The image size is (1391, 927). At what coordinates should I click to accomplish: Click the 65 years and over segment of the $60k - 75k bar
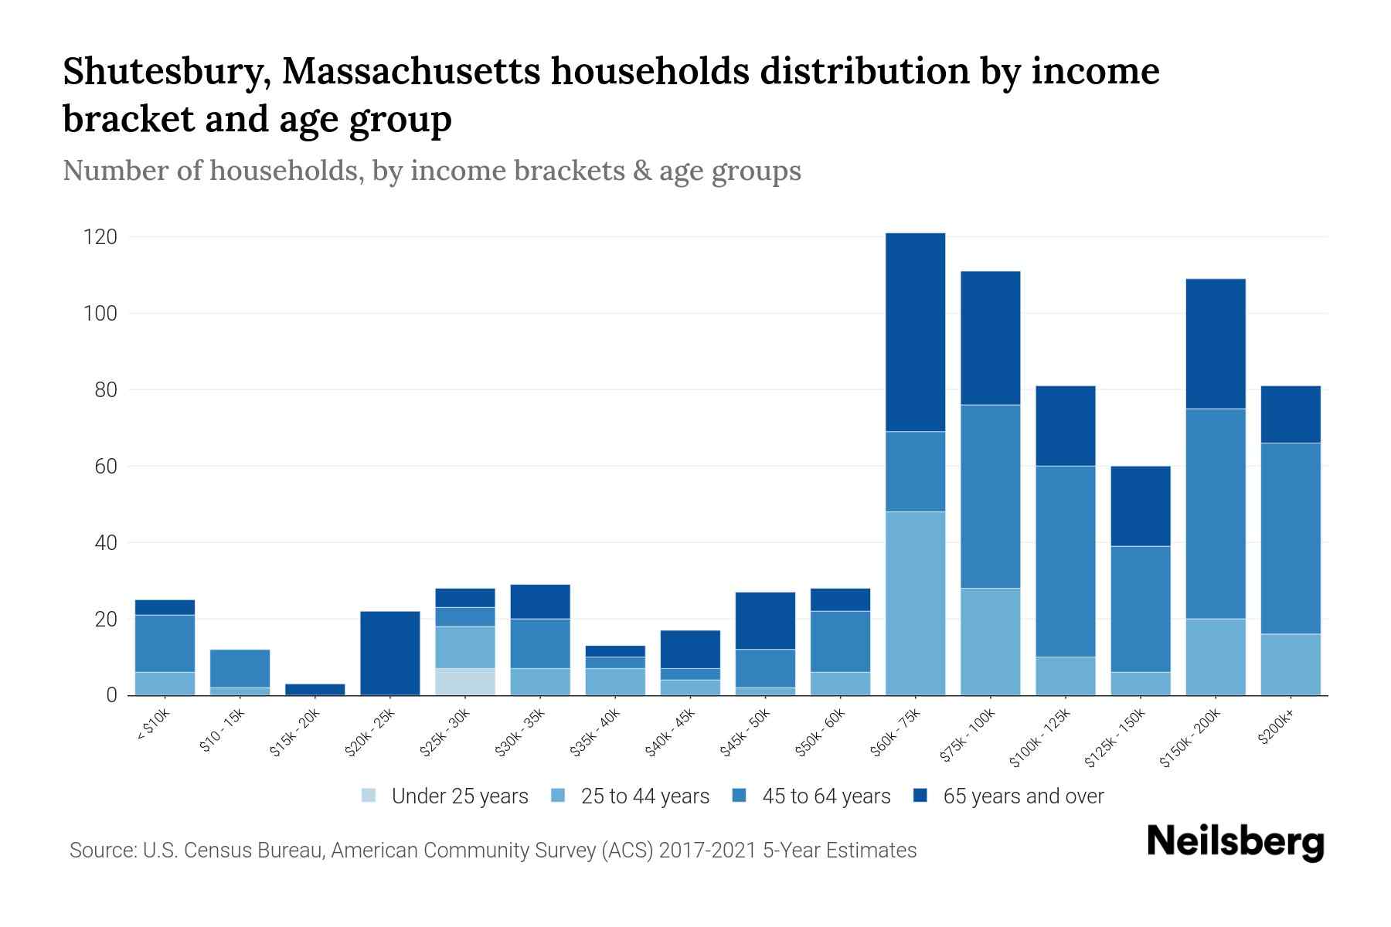click(915, 332)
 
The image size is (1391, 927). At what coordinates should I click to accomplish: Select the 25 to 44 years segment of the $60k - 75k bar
click(915, 603)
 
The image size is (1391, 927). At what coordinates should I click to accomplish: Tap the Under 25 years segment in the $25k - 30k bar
click(465, 682)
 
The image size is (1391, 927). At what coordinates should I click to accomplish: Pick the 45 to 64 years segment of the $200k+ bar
click(1291, 538)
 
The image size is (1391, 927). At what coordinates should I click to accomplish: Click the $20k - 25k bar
click(390, 654)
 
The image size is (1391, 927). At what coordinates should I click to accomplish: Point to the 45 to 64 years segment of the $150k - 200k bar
click(1216, 514)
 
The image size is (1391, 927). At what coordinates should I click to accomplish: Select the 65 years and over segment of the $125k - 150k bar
click(1141, 506)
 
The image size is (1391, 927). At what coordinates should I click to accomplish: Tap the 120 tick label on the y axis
click(100, 237)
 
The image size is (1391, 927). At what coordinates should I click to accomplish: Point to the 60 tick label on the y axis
click(106, 467)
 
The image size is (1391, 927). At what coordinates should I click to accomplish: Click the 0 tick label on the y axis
click(111, 695)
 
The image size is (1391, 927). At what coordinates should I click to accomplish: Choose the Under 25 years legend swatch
click(369, 796)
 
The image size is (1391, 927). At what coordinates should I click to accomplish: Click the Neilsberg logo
click(1236, 842)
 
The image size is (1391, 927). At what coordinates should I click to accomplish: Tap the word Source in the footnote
click(101, 851)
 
